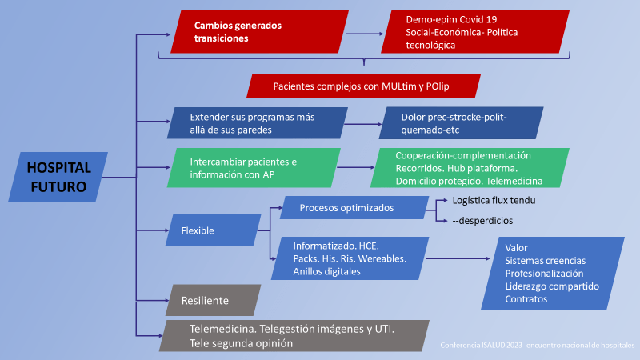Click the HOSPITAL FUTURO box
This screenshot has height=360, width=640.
click(59, 177)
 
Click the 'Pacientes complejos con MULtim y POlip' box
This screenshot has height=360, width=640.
click(364, 86)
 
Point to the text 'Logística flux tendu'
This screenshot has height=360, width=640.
click(494, 200)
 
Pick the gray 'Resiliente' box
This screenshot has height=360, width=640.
click(212, 300)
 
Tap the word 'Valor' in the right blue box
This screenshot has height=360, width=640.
click(517, 248)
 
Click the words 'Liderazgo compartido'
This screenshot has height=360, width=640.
click(552, 286)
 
